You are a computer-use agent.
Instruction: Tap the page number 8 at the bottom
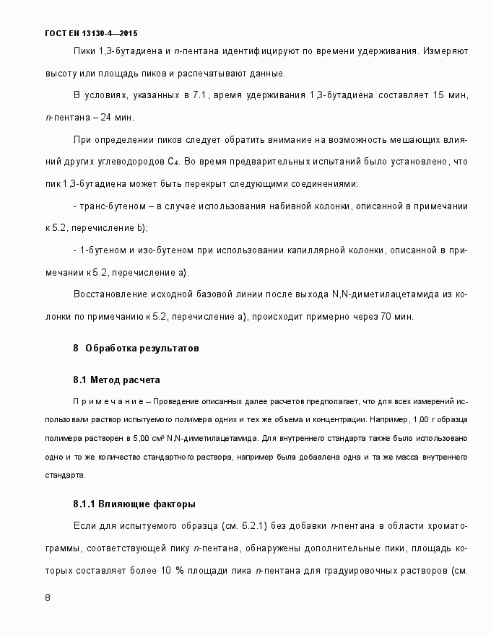tap(48, 598)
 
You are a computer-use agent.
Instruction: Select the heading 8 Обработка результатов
tap(136, 348)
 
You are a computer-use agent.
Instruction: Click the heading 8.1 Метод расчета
tap(116, 380)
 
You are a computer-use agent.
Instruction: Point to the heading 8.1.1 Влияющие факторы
tap(134, 504)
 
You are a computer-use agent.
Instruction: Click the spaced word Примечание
tap(108, 400)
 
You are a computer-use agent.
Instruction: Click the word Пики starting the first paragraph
tap(84, 52)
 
